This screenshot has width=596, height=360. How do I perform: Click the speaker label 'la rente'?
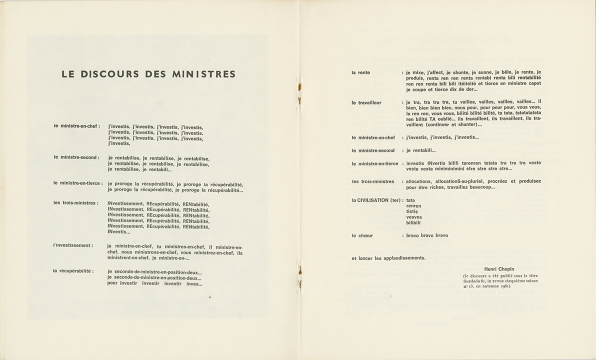click(360, 72)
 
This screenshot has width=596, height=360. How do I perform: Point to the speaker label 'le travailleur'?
click(366, 102)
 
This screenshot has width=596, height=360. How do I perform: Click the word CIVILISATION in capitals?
click(374, 200)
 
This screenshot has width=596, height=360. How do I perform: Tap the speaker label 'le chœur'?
click(362, 235)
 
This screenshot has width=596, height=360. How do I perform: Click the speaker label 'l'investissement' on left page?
click(73, 245)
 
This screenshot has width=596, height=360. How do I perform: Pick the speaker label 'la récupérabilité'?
click(73, 271)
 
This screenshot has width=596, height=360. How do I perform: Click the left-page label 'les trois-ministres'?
click(75, 203)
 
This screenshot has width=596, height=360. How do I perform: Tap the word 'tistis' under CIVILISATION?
click(412, 211)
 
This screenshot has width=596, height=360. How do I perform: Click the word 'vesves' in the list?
click(414, 217)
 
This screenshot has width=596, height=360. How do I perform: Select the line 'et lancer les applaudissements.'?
click(388, 258)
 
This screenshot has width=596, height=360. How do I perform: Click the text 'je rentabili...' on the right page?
click(420, 150)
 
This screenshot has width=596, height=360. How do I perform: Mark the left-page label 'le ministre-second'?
click(76, 157)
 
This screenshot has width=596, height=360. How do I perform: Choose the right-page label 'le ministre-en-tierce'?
click(374, 163)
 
